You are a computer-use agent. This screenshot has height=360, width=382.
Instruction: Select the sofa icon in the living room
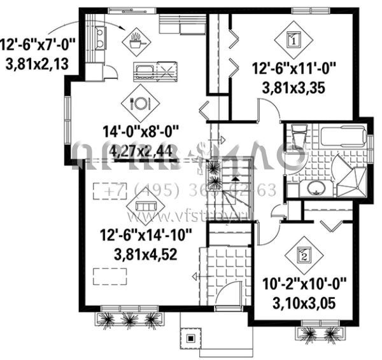pyautogui.click(x=144, y=205)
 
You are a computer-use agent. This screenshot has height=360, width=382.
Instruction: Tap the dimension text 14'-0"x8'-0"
pyautogui.click(x=141, y=132)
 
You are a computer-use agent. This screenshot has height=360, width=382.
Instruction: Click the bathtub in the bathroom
pyautogui.click(x=342, y=136)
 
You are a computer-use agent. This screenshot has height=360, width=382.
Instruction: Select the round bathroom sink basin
pyautogui.click(x=314, y=188)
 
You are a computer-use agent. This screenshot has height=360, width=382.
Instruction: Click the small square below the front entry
pyautogui.click(x=189, y=338)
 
